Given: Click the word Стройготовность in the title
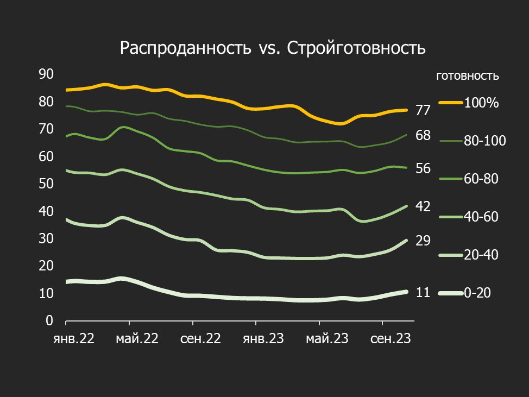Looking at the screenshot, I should click(x=356, y=48).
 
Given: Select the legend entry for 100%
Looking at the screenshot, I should click(x=481, y=103).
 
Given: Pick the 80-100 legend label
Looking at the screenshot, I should click(x=485, y=141).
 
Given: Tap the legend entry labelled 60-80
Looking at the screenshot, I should click(x=481, y=179).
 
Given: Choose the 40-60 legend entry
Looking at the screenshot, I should click(x=481, y=217).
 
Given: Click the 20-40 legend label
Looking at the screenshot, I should click(x=481, y=255).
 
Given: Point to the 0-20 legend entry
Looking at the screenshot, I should click(x=477, y=293).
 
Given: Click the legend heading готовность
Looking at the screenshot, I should click(x=468, y=76).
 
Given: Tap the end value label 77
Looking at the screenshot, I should click(x=423, y=111).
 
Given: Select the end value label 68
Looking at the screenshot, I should click(x=423, y=136).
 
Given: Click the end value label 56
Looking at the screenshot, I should click(x=423, y=169).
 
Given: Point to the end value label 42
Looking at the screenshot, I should click(x=423, y=207).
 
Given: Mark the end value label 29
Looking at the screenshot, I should click(x=423, y=241).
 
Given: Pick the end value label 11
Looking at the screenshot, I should click(x=423, y=293).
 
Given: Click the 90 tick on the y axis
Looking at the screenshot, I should click(x=46, y=74).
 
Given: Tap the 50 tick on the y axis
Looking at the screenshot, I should click(x=46, y=184).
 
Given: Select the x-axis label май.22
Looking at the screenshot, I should click(x=137, y=338).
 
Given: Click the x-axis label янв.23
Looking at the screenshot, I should click(x=263, y=338).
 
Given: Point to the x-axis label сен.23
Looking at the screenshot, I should click(x=390, y=338).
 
